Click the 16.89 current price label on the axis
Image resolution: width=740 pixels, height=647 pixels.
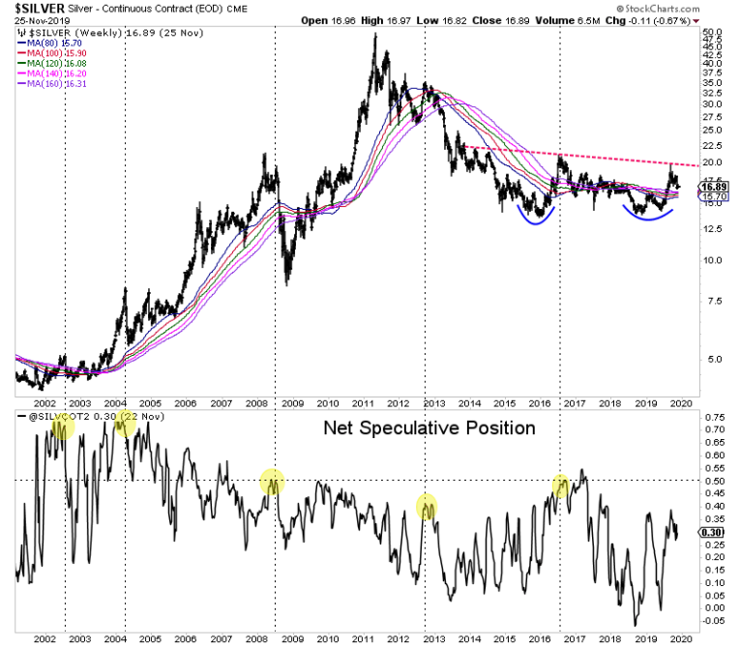(x=713, y=189)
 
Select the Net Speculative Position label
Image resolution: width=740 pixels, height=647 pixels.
(x=428, y=426)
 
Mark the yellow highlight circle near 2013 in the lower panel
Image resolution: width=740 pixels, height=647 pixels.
(x=427, y=504)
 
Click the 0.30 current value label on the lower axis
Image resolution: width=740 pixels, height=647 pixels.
(x=712, y=532)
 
